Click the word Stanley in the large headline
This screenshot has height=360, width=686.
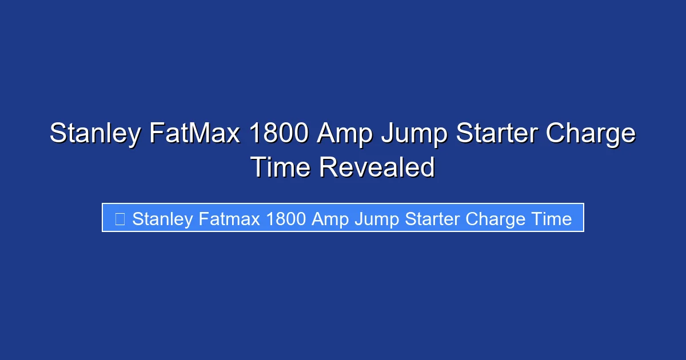94,134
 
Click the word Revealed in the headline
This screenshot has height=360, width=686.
377,167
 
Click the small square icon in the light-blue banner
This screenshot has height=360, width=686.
119,219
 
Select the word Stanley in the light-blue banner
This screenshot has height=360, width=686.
162,219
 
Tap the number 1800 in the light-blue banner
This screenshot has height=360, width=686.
286,219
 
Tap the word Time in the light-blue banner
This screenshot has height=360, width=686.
551,219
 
